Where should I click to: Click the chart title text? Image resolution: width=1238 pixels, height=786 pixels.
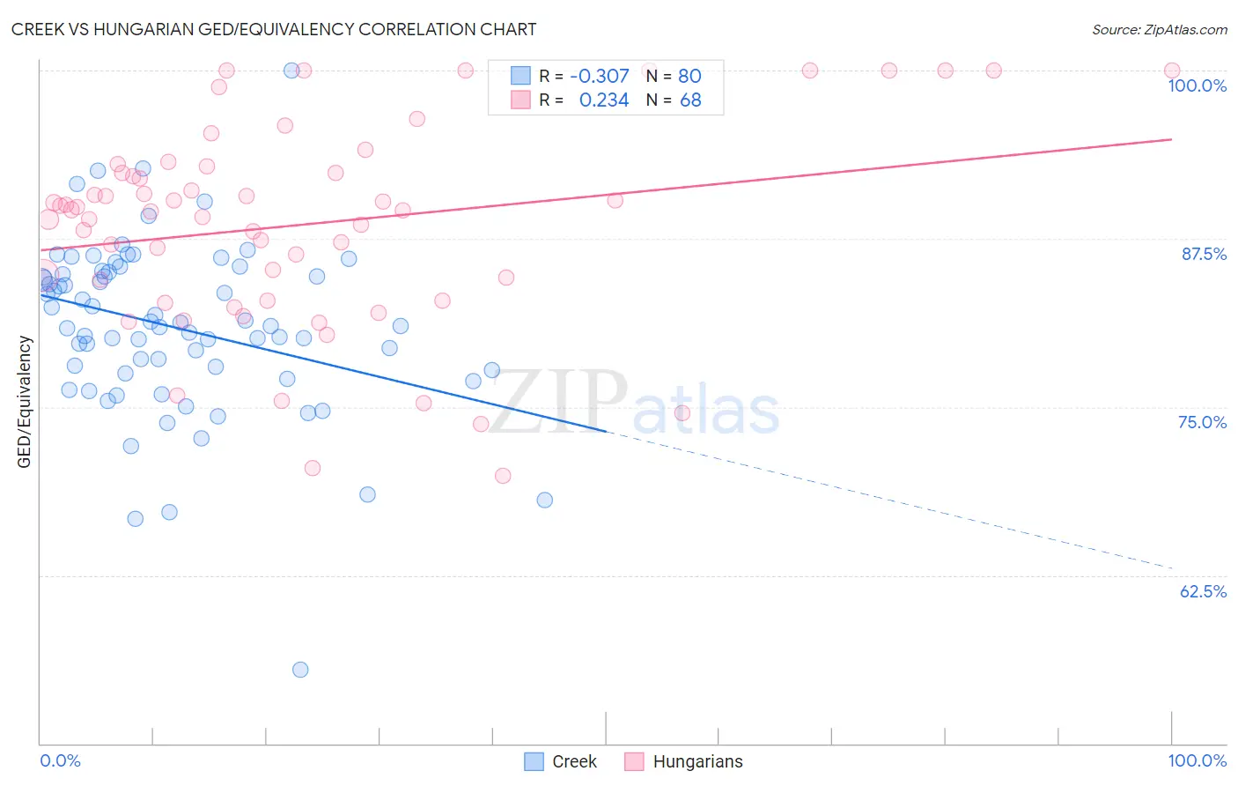274,29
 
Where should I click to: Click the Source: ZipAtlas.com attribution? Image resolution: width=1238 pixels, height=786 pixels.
1159,30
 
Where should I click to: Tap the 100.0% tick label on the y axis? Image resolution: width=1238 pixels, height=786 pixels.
1197,85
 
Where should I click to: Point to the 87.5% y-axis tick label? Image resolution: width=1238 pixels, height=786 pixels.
1203,254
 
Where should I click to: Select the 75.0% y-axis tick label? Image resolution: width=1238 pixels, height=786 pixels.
1202,422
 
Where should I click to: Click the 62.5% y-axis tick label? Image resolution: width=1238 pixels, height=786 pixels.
1202,591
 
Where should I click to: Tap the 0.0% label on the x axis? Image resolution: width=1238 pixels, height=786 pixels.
60,760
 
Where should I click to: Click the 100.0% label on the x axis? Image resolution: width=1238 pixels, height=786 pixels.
1197,760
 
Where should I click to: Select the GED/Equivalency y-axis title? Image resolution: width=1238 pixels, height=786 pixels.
25,402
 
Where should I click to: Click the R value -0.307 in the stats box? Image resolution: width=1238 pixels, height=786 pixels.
600,77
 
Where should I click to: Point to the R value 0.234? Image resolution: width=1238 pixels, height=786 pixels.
604,100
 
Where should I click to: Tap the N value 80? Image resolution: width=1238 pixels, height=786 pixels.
689,77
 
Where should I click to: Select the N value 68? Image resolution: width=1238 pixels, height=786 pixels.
690,100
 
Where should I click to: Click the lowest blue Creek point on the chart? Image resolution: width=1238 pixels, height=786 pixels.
300,670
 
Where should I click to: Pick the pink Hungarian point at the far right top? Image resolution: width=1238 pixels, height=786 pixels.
1172,70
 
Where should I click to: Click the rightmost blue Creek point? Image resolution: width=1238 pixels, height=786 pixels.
545,500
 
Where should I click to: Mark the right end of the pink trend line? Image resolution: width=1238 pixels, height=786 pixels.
1172,139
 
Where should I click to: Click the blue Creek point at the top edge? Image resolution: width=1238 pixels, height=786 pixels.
291,70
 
